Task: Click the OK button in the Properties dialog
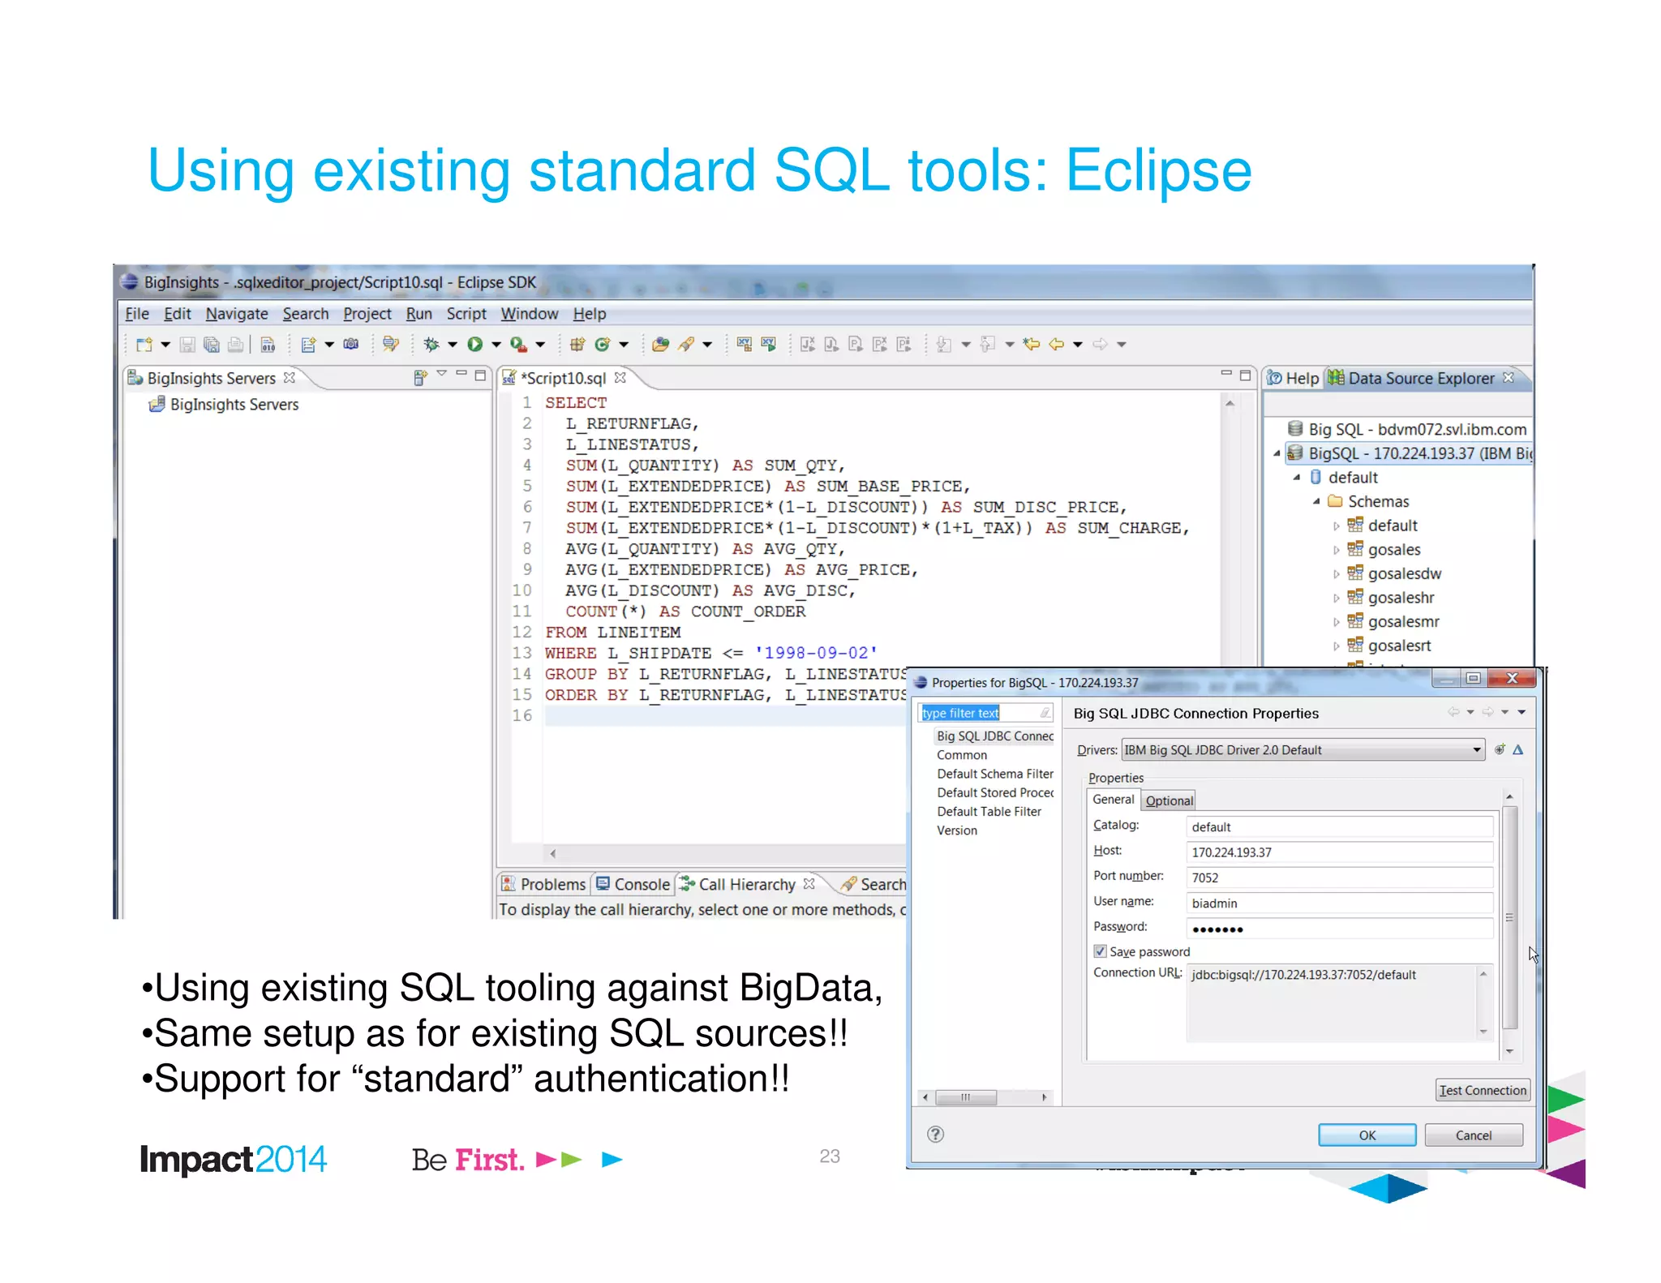click(1367, 1135)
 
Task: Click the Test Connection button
click(1483, 1090)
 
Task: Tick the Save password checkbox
click(1100, 951)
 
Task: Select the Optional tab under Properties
click(1169, 800)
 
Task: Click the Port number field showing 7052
click(1338, 878)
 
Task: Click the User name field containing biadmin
click(1338, 903)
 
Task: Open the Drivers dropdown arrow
click(1476, 750)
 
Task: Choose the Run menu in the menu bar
click(418, 314)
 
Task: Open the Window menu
click(529, 314)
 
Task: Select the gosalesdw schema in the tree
click(1404, 573)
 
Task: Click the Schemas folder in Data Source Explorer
click(1378, 501)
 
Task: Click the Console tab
click(641, 884)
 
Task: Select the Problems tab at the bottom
click(552, 884)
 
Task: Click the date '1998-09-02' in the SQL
click(815, 653)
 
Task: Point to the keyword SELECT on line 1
click(576, 402)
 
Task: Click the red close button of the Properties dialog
click(1512, 678)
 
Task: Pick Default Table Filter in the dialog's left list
click(989, 811)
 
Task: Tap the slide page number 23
click(829, 1156)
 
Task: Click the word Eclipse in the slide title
click(1158, 171)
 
